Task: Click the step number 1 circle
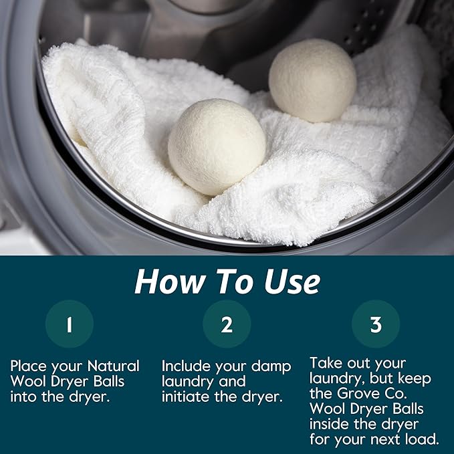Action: pos(70,324)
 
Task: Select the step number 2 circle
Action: pos(227,324)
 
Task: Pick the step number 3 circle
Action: pos(376,324)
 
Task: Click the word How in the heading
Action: pos(165,282)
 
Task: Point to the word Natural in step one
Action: pos(114,366)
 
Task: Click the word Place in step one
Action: pos(28,366)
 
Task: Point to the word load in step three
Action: pos(422,439)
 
